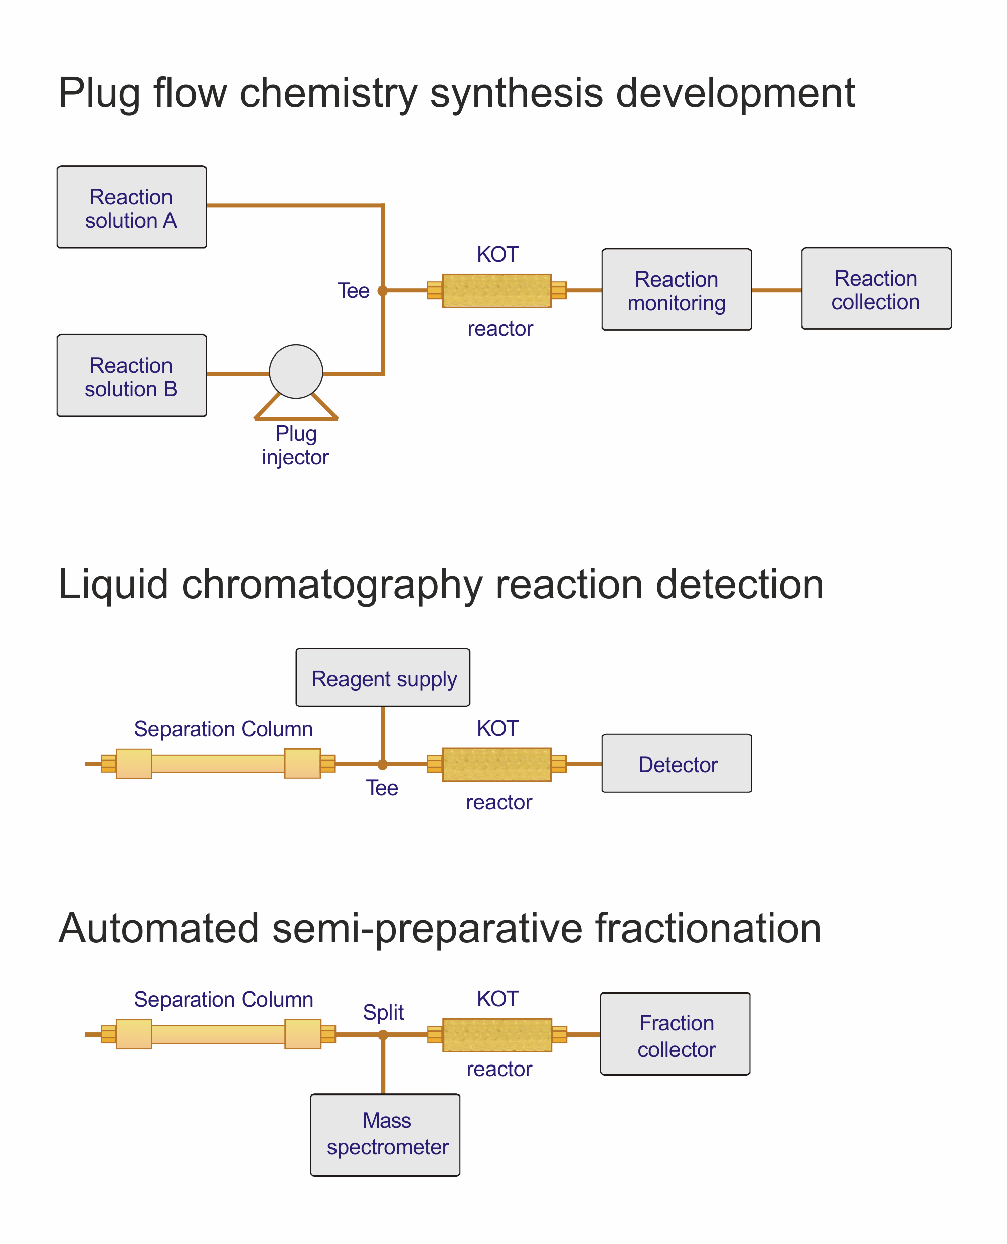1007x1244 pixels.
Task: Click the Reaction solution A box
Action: (x=132, y=207)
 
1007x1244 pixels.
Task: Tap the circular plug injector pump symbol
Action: (x=296, y=372)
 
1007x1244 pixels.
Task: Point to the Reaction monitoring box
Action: (x=677, y=290)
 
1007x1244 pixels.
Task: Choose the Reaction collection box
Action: (x=876, y=289)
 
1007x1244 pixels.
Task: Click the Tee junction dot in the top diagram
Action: (x=383, y=290)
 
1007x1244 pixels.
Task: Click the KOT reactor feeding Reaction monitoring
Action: (x=496, y=290)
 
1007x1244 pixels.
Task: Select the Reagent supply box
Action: (x=383, y=678)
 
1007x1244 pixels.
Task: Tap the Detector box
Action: (x=677, y=763)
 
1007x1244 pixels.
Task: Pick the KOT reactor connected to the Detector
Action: (x=496, y=764)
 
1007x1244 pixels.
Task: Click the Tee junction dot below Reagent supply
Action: (x=383, y=764)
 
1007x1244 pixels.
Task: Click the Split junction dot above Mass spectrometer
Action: (x=383, y=1034)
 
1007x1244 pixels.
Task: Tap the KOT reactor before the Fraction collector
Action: (x=497, y=1034)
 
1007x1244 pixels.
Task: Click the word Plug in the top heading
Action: (x=99, y=94)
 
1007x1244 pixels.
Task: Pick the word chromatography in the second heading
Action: (x=332, y=585)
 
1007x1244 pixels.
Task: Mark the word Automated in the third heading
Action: (x=158, y=929)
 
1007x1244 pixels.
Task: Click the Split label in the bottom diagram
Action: (x=383, y=1012)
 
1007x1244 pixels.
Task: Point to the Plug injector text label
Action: (x=296, y=445)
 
